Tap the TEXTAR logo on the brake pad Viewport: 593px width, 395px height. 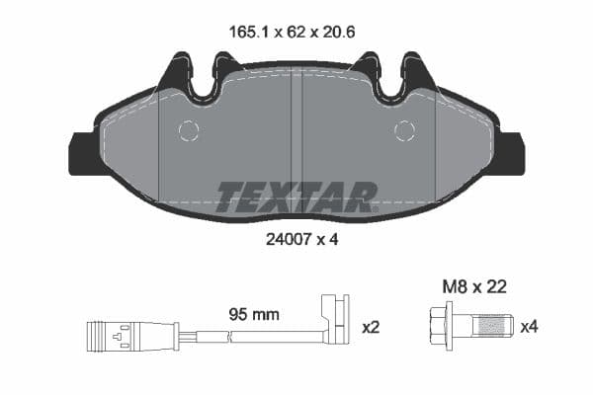296,197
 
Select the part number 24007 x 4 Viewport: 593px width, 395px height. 296,239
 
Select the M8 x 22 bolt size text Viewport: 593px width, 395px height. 473,287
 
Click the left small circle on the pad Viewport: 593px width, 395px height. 188,130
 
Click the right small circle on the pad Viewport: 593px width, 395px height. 404,130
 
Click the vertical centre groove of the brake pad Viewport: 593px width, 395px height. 296,128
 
